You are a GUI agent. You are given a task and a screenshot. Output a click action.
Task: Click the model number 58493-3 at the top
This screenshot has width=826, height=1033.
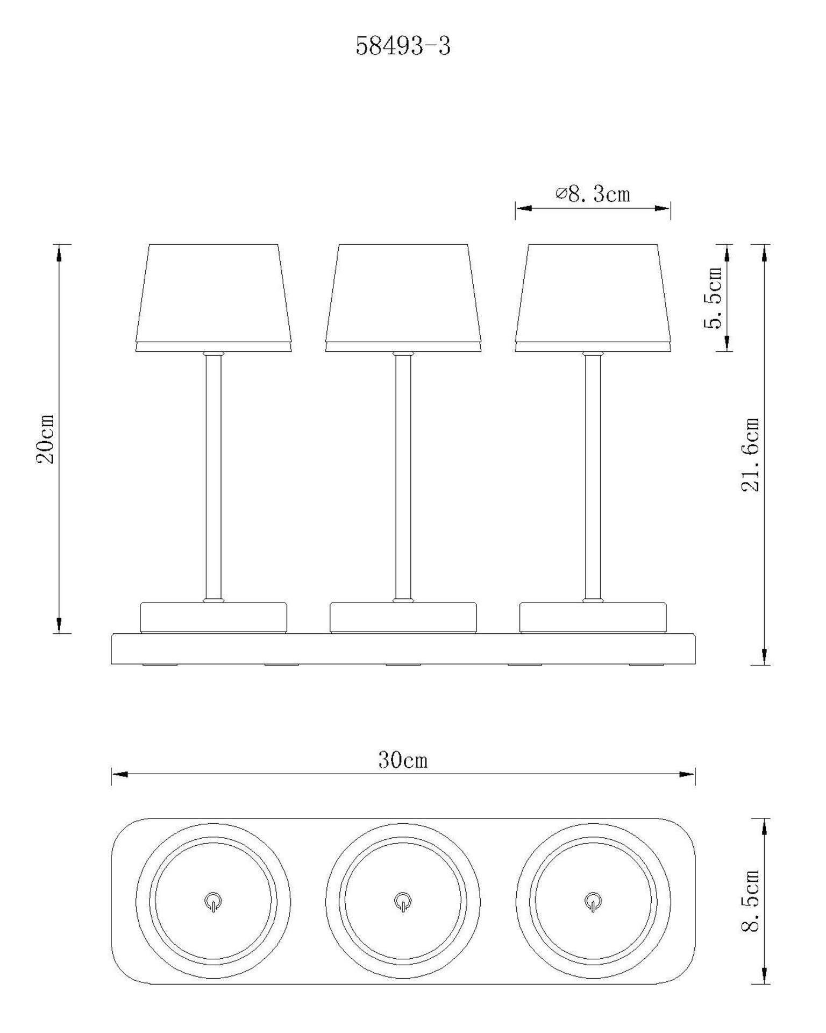tap(403, 46)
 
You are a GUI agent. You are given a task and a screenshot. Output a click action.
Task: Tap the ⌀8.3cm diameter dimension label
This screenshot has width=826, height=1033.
tap(593, 194)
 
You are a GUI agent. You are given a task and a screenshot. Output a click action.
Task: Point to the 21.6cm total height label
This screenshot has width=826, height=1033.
tap(750, 455)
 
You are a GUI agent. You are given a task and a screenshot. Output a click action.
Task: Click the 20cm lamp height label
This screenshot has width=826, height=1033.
tap(45, 439)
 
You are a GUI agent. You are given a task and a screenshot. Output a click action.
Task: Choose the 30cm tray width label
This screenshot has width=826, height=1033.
tap(403, 760)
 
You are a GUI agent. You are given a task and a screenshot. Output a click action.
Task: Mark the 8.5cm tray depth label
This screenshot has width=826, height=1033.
tap(750, 901)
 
